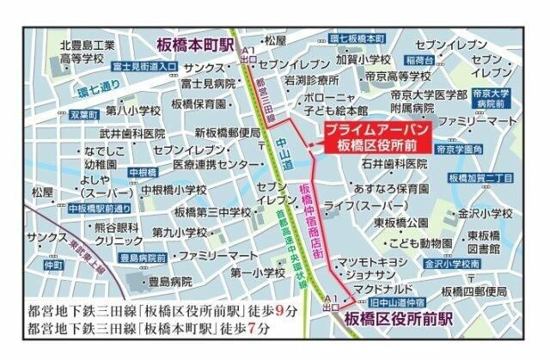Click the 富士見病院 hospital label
(x=208, y=85)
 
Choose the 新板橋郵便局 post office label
(x=228, y=133)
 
